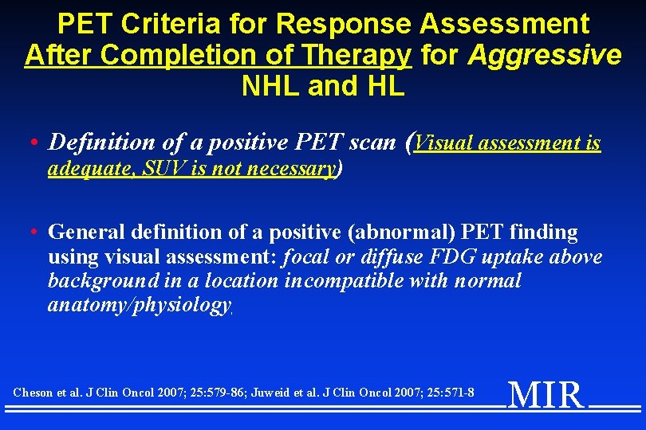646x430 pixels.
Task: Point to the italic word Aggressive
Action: pyautogui.click(x=545, y=56)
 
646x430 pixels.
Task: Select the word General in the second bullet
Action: pyautogui.click(x=83, y=233)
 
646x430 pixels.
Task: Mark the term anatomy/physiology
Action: pyautogui.click(x=140, y=305)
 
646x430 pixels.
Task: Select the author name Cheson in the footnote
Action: pyautogui.click(x=34, y=393)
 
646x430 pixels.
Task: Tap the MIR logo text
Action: pyautogui.click(x=546, y=394)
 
